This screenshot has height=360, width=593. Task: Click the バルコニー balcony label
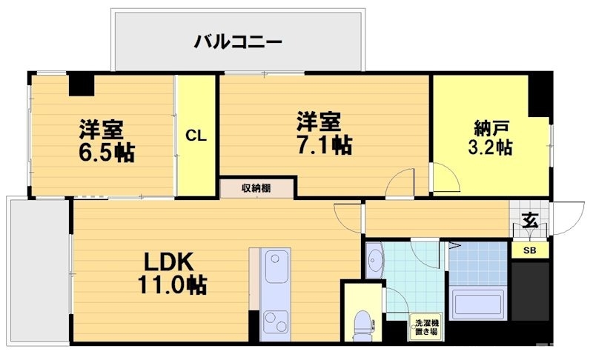pyautogui.click(x=238, y=41)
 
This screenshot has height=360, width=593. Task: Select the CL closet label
pyautogui.click(x=196, y=136)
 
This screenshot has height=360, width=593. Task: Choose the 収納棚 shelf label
pyautogui.click(x=256, y=188)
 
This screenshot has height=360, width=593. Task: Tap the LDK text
pyautogui.click(x=168, y=261)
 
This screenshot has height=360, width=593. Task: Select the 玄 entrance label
pyautogui.click(x=529, y=220)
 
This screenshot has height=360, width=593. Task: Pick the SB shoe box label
pyautogui.click(x=530, y=250)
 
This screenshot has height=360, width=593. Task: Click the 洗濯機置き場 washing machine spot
pyautogui.click(x=426, y=327)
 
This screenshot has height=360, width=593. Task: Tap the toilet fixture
pyautogui.click(x=362, y=323)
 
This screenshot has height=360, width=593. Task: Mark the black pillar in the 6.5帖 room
pyautogui.click(x=81, y=84)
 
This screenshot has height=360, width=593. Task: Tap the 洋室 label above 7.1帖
pyautogui.click(x=319, y=121)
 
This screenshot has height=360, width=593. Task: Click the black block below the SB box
pyautogui.click(x=530, y=291)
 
